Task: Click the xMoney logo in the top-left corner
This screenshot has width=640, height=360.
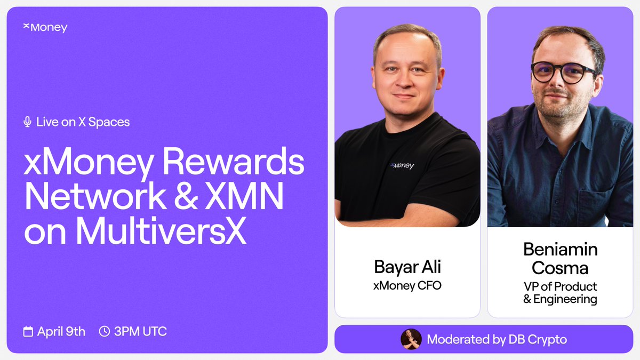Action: pyautogui.click(x=45, y=27)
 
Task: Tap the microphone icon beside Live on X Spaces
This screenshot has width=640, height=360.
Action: pyautogui.click(x=28, y=122)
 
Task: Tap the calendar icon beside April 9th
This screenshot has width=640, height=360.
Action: pyautogui.click(x=28, y=332)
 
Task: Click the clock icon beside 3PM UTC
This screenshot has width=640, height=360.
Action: pyautogui.click(x=105, y=332)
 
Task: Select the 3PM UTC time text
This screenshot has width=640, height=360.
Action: pyautogui.click(x=140, y=332)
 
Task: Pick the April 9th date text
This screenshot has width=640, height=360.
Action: pyautogui.click(x=61, y=332)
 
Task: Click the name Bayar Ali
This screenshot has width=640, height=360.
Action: pyautogui.click(x=407, y=267)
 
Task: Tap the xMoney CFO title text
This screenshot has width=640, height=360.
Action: pyautogui.click(x=407, y=285)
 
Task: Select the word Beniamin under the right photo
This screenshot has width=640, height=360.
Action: pyautogui.click(x=560, y=249)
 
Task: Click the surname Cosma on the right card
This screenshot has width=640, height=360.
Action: pyautogui.click(x=560, y=268)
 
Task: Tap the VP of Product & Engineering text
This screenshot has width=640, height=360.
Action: pyautogui.click(x=560, y=293)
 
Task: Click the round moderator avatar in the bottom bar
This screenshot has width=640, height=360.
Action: pyautogui.click(x=411, y=339)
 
